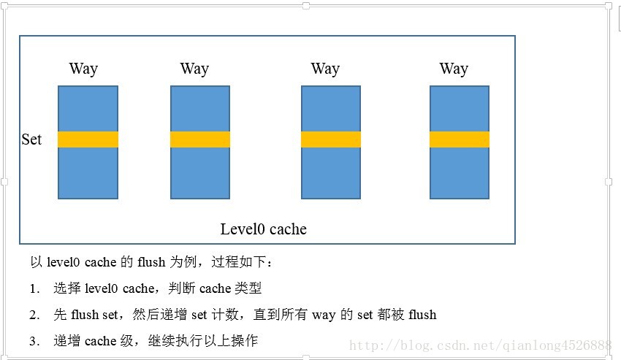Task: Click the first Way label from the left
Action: coord(83,69)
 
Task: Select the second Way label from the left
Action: coord(194,69)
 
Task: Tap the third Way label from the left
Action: coord(325,69)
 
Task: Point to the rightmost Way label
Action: coord(454,69)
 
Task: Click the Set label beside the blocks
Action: coord(31,139)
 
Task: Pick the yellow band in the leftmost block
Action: coord(88,139)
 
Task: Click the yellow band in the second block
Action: coord(200,139)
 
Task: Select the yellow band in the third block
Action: coord(331,139)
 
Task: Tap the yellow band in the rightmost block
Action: coord(460,139)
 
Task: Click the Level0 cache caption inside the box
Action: coord(264,229)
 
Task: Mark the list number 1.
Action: coord(34,289)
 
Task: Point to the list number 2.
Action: coord(34,315)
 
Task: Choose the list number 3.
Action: coord(34,341)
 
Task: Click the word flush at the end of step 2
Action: coord(423,315)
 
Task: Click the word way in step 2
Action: coord(324,315)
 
